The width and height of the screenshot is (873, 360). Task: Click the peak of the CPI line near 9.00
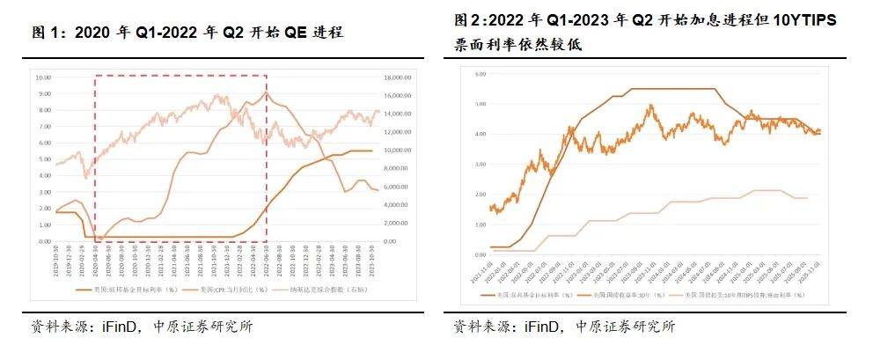point(266,92)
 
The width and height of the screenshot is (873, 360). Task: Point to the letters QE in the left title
point(296,33)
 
